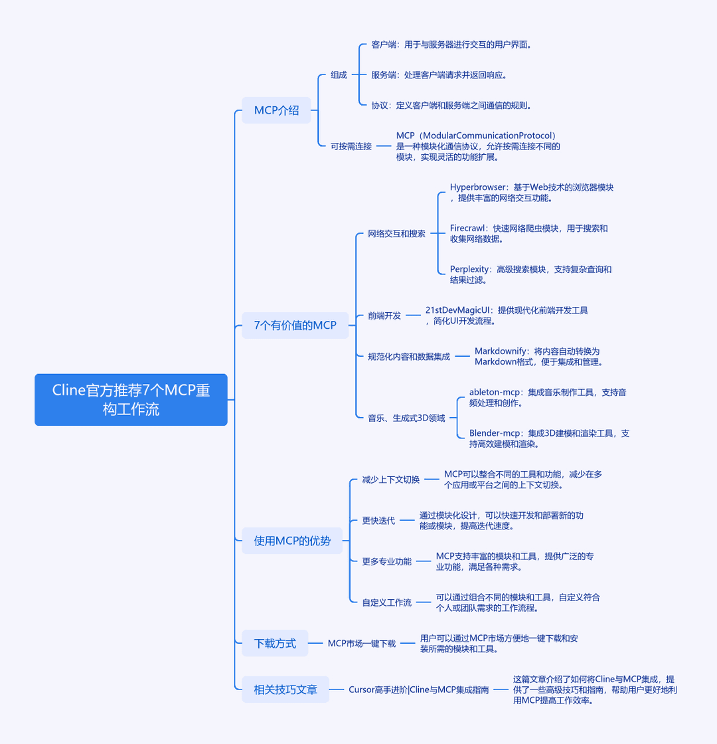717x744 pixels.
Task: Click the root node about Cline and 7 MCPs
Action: click(131, 399)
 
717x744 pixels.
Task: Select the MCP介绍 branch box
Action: click(276, 110)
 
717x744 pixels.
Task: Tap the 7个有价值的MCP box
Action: click(295, 325)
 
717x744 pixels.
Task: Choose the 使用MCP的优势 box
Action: click(292, 541)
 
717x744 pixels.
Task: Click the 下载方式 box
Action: click(275, 643)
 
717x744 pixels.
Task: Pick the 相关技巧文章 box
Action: click(285, 689)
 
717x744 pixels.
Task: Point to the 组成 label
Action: click(339, 75)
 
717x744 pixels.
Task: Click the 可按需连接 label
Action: click(351, 146)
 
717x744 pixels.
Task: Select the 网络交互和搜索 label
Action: click(397, 233)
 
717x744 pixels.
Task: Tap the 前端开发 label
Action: click(384, 316)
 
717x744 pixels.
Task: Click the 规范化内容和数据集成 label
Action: click(409, 356)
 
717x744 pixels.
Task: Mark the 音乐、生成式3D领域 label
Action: click(407, 418)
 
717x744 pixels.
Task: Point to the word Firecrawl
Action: click(468, 229)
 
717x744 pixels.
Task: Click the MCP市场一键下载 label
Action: click(362, 644)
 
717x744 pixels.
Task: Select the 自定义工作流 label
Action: click(387, 603)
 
